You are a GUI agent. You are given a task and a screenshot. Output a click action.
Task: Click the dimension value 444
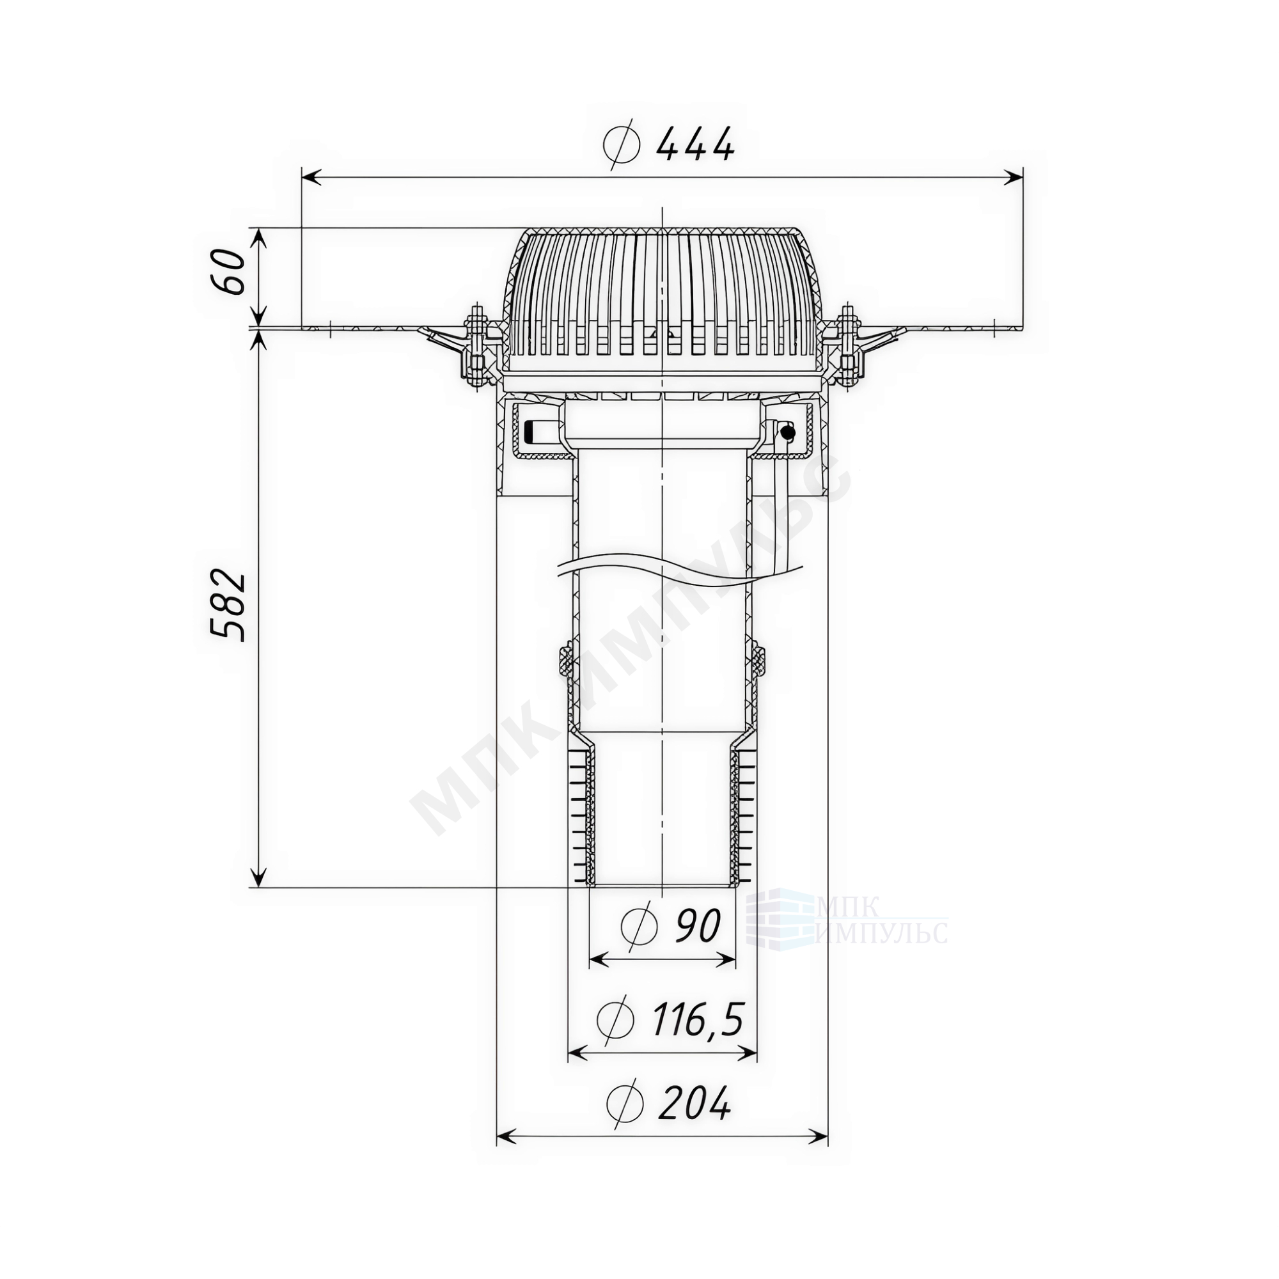pyautogui.click(x=695, y=144)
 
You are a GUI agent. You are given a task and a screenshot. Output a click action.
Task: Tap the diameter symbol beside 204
pyautogui.click(x=624, y=1104)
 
